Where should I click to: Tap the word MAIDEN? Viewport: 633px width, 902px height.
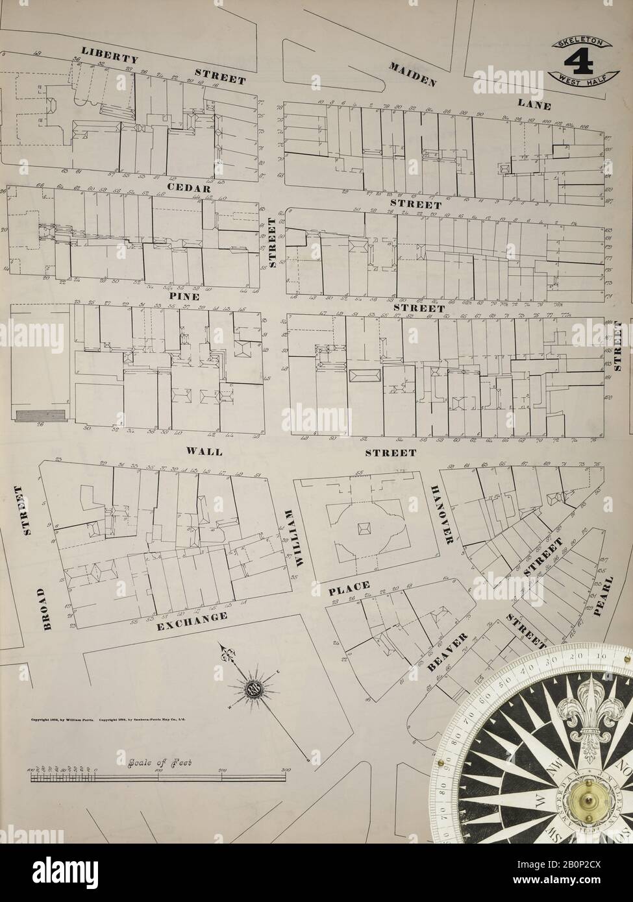pos(411,75)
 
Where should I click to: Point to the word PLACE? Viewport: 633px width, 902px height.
pos(349,588)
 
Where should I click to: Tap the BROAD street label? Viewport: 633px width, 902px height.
pos(44,608)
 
